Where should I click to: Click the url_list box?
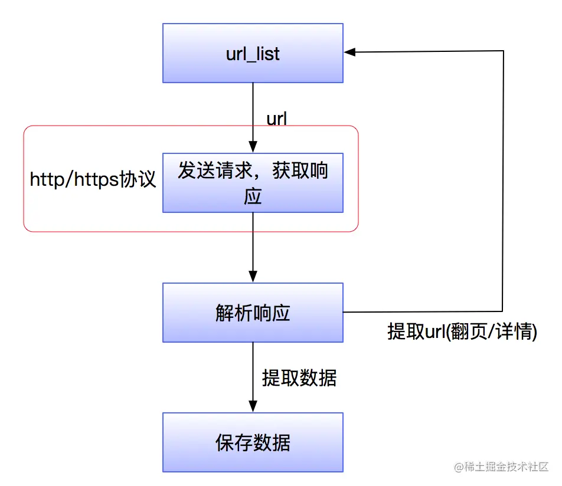(253, 53)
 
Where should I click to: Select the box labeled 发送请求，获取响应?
(253, 183)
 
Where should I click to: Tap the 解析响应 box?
(253, 313)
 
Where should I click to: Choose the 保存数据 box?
(253, 442)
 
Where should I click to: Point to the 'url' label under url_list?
(277, 119)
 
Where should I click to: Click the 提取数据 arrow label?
(299, 378)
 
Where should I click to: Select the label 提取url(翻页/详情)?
(462, 331)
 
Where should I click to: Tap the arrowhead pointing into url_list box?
(349, 52)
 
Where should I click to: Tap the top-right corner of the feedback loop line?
(503, 51)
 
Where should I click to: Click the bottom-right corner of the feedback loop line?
(503, 311)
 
